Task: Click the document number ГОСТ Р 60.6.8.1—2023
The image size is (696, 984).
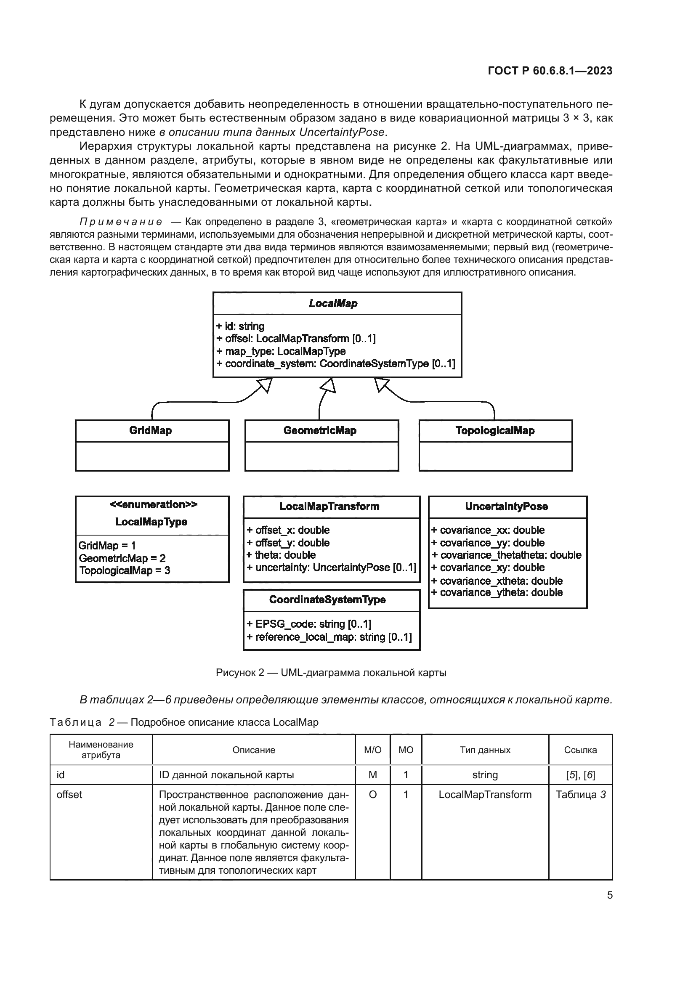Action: (x=550, y=71)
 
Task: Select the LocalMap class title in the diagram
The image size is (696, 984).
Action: (x=333, y=303)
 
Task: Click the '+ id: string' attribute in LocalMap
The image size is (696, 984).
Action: (x=240, y=326)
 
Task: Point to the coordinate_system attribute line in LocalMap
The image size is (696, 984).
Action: (x=335, y=364)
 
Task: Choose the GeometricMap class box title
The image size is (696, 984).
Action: (x=320, y=431)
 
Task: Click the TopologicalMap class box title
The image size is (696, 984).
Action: (x=494, y=431)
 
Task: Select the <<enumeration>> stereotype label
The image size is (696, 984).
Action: (x=154, y=504)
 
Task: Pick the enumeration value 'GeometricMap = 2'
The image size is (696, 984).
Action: (x=122, y=558)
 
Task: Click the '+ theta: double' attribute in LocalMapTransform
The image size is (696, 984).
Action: (x=281, y=555)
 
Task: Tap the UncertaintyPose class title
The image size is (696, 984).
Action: (x=506, y=507)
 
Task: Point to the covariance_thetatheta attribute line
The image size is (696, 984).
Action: (x=506, y=555)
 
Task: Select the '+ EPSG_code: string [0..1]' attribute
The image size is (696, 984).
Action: (x=309, y=624)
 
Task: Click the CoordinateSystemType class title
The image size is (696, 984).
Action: (x=327, y=599)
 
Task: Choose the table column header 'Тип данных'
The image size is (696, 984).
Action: (x=485, y=750)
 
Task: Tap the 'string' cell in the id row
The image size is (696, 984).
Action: (x=485, y=775)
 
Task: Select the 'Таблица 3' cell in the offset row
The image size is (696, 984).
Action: (x=580, y=795)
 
